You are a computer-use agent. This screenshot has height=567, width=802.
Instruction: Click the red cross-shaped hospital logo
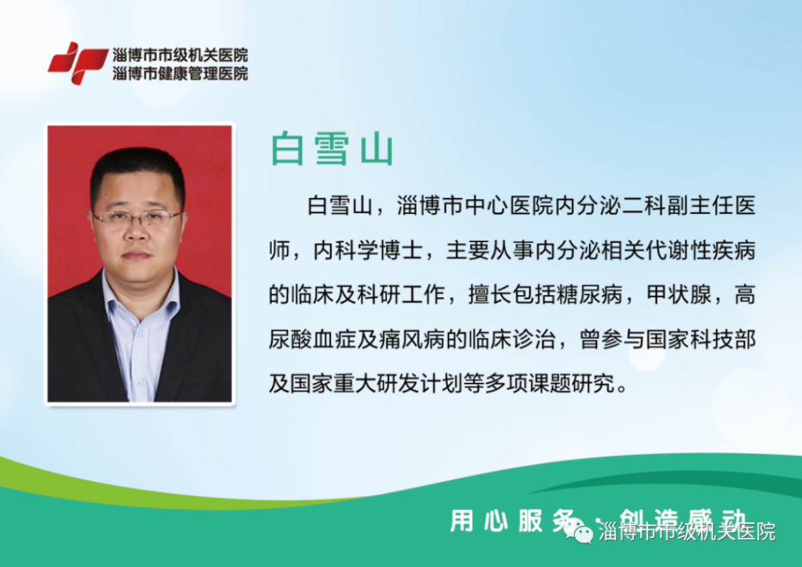pos(78,63)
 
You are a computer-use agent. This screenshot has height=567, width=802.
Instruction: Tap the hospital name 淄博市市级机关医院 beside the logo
pos(180,55)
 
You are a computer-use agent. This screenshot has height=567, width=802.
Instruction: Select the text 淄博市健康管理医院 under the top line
pos(180,74)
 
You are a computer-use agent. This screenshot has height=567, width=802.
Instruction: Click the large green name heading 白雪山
pos(332,149)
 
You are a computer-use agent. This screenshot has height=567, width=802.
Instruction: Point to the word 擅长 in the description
pos(490,295)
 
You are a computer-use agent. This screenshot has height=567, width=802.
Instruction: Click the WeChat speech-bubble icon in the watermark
pos(579,532)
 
